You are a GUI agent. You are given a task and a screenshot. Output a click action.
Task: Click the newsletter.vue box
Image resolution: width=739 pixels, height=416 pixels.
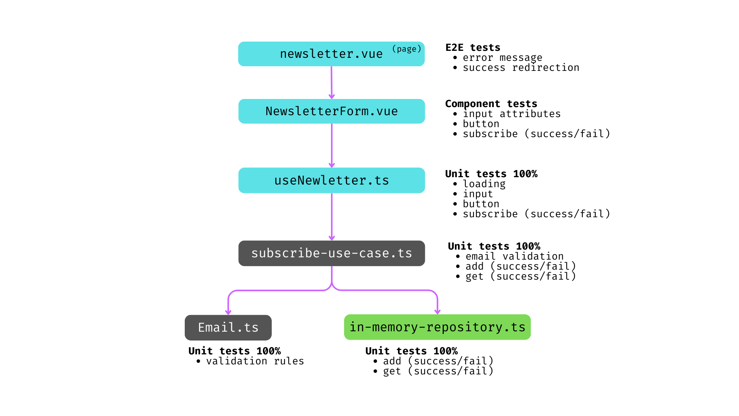(x=331, y=54)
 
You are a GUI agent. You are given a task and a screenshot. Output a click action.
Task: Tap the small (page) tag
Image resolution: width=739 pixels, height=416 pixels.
(x=406, y=49)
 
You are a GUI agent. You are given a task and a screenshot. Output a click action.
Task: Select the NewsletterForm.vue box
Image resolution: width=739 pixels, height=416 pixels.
(x=331, y=111)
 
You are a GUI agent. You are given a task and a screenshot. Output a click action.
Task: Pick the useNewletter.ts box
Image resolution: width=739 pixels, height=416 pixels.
(x=331, y=180)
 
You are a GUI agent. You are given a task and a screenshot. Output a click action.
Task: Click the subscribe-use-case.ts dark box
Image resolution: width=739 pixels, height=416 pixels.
(x=331, y=253)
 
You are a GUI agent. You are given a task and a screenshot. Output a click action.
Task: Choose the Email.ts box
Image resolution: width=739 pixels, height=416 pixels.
(x=228, y=327)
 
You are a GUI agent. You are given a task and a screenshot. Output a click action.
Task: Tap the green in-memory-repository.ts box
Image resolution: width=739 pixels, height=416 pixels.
(x=437, y=327)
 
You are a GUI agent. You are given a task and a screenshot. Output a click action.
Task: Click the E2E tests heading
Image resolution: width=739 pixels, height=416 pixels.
(x=473, y=47)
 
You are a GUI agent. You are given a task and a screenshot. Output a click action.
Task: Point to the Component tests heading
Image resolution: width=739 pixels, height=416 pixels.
(x=491, y=104)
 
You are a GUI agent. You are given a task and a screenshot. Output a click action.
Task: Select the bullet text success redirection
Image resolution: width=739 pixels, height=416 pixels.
(x=521, y=68)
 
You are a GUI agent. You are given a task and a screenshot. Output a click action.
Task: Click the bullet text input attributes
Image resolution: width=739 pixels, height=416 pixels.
(x=512, y=114)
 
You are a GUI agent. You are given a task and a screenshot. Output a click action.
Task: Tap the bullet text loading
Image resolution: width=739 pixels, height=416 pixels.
(x=484, y=184)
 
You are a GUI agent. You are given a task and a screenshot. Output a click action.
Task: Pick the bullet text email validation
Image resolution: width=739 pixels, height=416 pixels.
(x=514, y=257)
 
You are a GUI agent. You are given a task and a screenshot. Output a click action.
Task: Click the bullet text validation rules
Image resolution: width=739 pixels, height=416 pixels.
(x=255, y=361)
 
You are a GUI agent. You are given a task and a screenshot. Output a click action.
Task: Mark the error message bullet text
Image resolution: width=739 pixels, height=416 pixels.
(x=502, y=58)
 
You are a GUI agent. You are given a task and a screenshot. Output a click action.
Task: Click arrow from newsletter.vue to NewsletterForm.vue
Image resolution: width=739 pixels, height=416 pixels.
(x=331, y=82)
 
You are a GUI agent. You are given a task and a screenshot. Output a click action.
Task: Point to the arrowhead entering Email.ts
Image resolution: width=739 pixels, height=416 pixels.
(x=228, y=312)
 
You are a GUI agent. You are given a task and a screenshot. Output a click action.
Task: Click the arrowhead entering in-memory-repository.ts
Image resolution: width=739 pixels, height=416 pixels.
(x=437, y=311)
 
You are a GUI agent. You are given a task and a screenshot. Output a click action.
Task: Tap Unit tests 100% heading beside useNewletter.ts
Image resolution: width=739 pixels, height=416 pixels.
(x=491, y=174)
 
